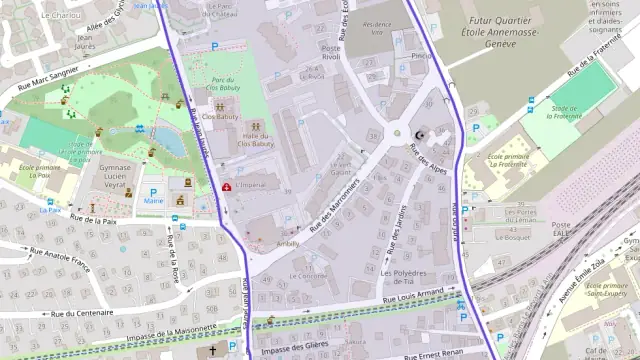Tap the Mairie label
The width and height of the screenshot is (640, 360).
tap(153, 201)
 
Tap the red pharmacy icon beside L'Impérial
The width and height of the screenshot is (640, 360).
tap(227, 186)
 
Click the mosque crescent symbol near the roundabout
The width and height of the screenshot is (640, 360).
tap(419, 134)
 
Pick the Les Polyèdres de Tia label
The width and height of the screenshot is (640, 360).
tap(404, 278)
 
